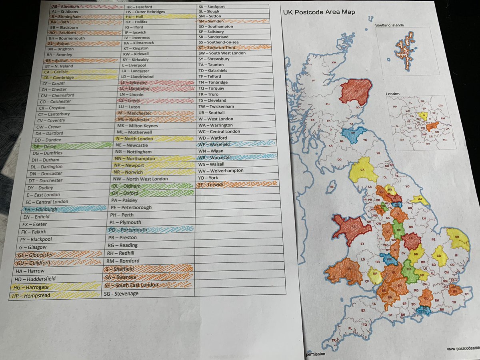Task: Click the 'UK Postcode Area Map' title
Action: [x=319, y=12]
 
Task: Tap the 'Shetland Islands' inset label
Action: [x=389, y=25]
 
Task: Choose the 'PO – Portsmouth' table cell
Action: [x=150, y=230]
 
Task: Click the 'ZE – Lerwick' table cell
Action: [x=234, y=184]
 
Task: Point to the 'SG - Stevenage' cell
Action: [x=148, y=293]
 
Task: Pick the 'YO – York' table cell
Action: [x=234, y=177]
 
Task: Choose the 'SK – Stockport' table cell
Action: [x=234, y=7]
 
